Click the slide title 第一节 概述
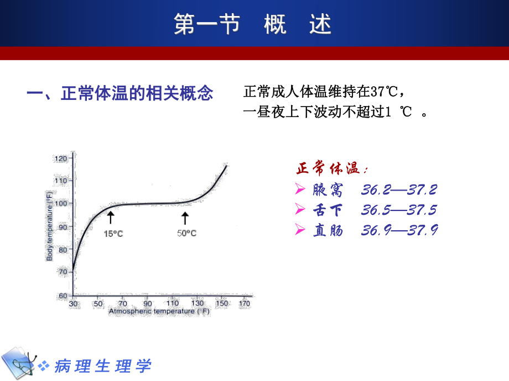pyautogui.click(x=253, y=25)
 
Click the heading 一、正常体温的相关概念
pyautogui.click(x=120, y=93)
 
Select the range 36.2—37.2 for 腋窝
pyautogui.click(x=399, y=190)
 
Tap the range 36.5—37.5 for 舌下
pyautogui.click(x=399, y=210)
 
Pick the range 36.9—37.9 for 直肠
pyautogui.click(x=399, y=230)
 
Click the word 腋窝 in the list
pyautogui.click(x=328, y=190)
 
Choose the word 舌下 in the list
pyautogui.click(x=328, y=210)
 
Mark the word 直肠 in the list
pyautogui.click(x=328, y=230)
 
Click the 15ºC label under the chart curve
pyautogui.click(x=113, y=234)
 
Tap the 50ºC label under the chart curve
pyautogui.click(x=186, y=234)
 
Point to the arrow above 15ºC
pyautogui.click(x=111, y=217)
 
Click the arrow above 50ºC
pyautogui.click(x=185, y=217)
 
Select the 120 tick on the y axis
pyautogui.click(x=61, y=158)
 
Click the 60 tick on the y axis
pyautogui.click(x=63, y=295)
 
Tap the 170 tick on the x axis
pyautogui.click(x=244, y=304)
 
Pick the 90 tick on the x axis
pyautogui.click(x=147, y=304)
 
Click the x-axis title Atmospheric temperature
pyautogui.click(x=159, y=311)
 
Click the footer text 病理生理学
pyautogui.click(x=102, y=366)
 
